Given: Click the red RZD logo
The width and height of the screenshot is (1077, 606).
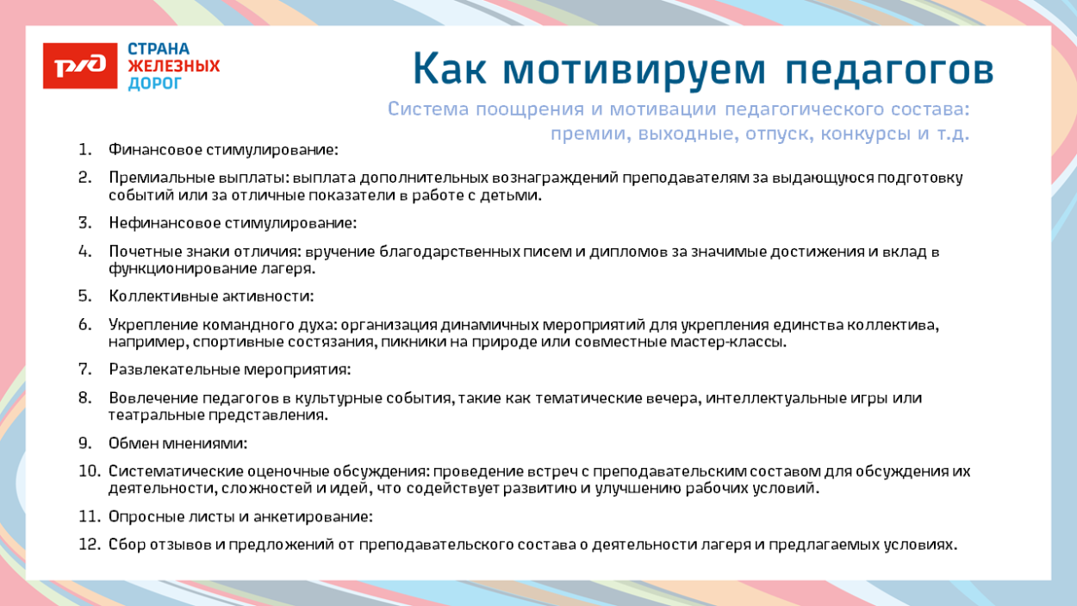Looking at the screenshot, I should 80,66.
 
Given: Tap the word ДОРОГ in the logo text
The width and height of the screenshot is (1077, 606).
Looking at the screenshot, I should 155,84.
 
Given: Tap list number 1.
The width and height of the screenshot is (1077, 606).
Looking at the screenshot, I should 84,149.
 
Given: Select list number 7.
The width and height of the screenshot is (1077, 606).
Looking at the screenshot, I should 84,369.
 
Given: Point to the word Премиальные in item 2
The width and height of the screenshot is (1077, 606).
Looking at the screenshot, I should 156,178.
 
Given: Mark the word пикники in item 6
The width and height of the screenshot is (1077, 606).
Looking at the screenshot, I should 476,342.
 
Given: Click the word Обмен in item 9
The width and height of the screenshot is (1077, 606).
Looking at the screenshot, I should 134,443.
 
